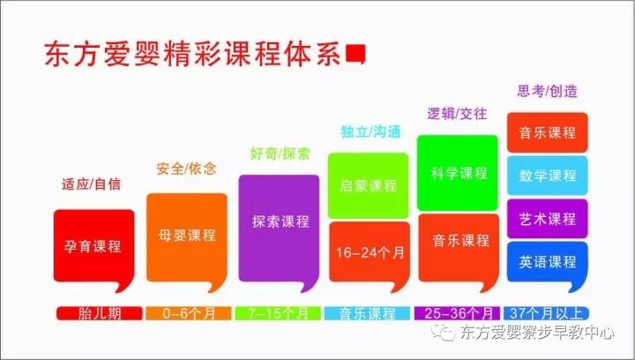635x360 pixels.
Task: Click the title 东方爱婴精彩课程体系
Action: click(192, 54)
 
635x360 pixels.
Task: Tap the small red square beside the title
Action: click(355, 54)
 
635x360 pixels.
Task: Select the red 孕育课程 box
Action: click(94, 246)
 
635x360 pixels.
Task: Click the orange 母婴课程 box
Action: click(187, 238)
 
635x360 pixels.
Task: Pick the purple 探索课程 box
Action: click(279, 229)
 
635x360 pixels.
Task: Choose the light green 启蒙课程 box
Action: click(368, 185)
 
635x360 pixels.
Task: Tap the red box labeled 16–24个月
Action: click(370, 252)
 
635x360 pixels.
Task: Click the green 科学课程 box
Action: click(458, 173)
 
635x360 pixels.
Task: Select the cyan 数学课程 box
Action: click(548, 176)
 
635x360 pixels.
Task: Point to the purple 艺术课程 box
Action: click(548, 219)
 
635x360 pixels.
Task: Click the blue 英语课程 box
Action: click(548, 262)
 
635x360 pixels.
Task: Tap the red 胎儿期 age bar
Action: click(99, 313)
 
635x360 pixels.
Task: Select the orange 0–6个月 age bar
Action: click(189, 313)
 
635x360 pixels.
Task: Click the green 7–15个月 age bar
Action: click(278, 313)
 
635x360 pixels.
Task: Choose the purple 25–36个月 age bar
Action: click(457, 313)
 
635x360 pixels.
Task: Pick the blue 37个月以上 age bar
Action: click(546, 313)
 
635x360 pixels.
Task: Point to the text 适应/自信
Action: click(91, 184)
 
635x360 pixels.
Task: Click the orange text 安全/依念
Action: click(186, 169)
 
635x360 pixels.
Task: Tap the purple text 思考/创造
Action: click(547, 91)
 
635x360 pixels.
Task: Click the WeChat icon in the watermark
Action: click(444, 333)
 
